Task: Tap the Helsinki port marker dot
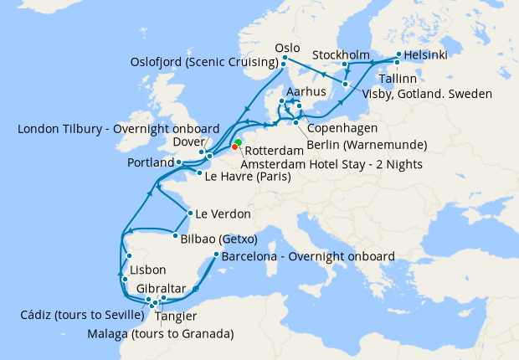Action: tap(398, 55)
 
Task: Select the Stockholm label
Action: tap(341, 55)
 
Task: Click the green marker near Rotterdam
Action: tap(239, 142)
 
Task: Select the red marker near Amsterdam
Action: tap(234, 147)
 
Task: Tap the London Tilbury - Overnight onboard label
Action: tap(118, 129)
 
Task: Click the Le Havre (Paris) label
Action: tap(249, 177)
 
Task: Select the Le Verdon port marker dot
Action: tap(191, 213)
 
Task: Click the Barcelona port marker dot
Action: tap(216, 255)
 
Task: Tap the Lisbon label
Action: tap(148, 270)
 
